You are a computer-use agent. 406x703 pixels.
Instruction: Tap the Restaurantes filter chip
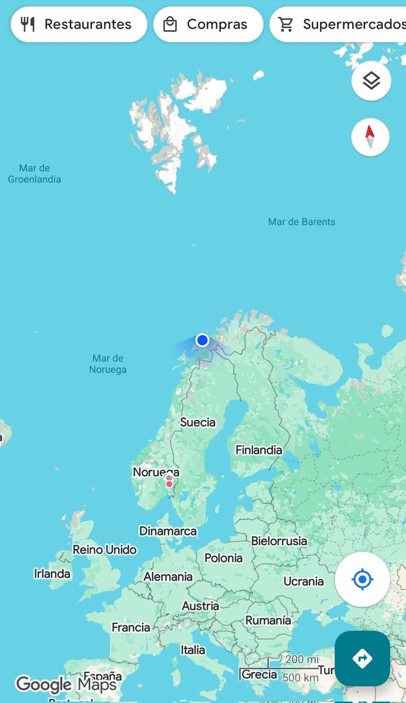pyautogui.click(x=78, y=25)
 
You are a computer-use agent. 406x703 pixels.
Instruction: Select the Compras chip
pyautogui.click(x=207, y=25)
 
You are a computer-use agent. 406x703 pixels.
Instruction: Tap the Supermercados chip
pyautogui.click(x=340, y=25)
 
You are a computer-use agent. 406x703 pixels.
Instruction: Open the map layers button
pyautogui.click(x=371, y=81)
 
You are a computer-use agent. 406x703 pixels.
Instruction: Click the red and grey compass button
pyautogui.click(x=370, y=137)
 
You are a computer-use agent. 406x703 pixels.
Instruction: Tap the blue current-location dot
pyautogui.click(x=203, y=340)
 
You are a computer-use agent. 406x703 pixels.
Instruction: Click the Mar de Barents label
pyautogui.click(x=302, y=222)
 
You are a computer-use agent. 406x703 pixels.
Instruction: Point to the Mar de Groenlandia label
pyautogui.click(x=35, y=174)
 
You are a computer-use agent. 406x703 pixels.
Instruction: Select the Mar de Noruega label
pyautogui.click(x=108, y=364)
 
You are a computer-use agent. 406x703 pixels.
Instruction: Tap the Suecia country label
pyautogui.click(x=198, y=422)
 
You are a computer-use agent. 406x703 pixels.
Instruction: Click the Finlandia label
pyautogui.click(x=258, y=450)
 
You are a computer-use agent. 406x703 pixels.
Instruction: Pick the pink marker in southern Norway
pyautogui.click(x=169, y=484)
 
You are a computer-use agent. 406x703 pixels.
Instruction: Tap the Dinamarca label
pyautogui.click(x=168, y=531)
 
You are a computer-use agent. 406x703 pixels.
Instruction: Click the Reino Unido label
pyautogui.click(x=105, y=550)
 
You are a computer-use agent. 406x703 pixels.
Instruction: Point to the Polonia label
pyautogui.click(x=223, y=558)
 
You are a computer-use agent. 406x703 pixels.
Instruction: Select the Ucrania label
pyautogui.click(x=303, y=581)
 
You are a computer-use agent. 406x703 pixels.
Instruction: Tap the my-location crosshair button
pyautogui.click(x=362, y=579)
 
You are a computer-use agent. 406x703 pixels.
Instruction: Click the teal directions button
pyautogui.click(x=362, y=658)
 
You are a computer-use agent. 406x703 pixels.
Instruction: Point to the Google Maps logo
pyautogui.click(x=66, y=684)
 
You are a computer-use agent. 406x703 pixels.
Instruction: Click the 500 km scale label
pyautogui.click(x=301, y=678)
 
